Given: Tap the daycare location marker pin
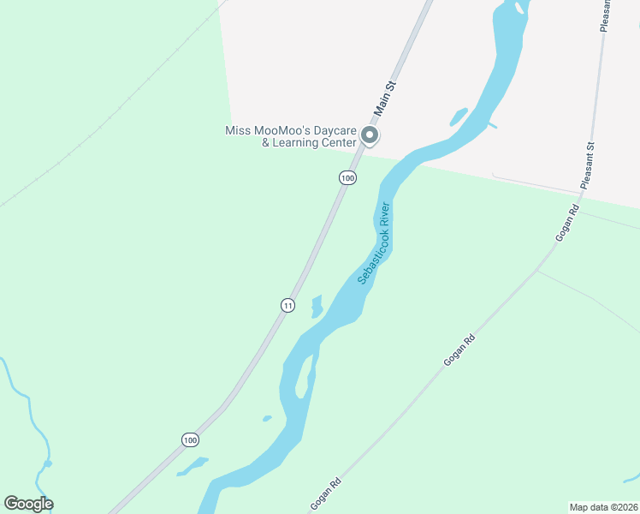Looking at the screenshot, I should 370,136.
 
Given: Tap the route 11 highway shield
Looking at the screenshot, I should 288,305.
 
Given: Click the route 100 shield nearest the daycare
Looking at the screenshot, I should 347,177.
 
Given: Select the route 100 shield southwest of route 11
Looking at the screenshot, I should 190,439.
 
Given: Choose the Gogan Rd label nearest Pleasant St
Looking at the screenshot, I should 568,223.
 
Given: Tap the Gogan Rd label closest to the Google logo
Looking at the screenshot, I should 326,493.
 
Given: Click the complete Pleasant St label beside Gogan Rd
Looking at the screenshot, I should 590,166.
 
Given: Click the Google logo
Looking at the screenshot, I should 28,504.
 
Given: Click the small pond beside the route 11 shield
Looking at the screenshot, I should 317,306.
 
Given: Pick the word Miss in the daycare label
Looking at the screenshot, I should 236,130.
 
